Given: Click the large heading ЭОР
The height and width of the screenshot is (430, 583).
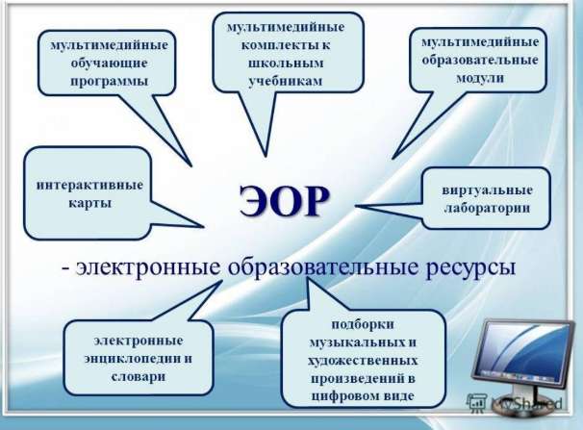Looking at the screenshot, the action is (x=284, y=201).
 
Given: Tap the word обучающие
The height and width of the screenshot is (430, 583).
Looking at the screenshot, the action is (x=109, y=63).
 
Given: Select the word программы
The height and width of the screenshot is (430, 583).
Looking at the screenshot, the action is (x=109, y=82).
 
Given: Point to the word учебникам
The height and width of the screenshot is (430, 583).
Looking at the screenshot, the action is (x=285, y=81).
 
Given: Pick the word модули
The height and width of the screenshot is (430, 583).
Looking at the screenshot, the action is (x=480, y=79).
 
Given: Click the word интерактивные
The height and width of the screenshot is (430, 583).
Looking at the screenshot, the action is (x=89, y=185).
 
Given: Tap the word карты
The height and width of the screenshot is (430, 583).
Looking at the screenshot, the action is (x=90, y=203).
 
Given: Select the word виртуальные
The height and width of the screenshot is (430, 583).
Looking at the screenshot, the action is (x=487, y=190).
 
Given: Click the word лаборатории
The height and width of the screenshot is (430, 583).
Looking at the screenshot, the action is (x=487, y=208).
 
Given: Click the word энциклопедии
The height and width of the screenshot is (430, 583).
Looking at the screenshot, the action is (x=133, y=359).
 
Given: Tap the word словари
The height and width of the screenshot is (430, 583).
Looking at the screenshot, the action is (x=138, y=377).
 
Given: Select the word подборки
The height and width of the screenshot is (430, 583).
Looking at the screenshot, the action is (x=363, y=324).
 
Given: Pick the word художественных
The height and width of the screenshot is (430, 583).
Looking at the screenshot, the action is (x=363, y=361).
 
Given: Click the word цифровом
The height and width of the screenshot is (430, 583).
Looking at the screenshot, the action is (x=342, y=396).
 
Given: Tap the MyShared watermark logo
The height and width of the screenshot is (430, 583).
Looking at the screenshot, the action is (x=515, y=403).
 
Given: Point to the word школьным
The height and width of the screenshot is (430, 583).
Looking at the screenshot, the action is (x=286, y=63).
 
